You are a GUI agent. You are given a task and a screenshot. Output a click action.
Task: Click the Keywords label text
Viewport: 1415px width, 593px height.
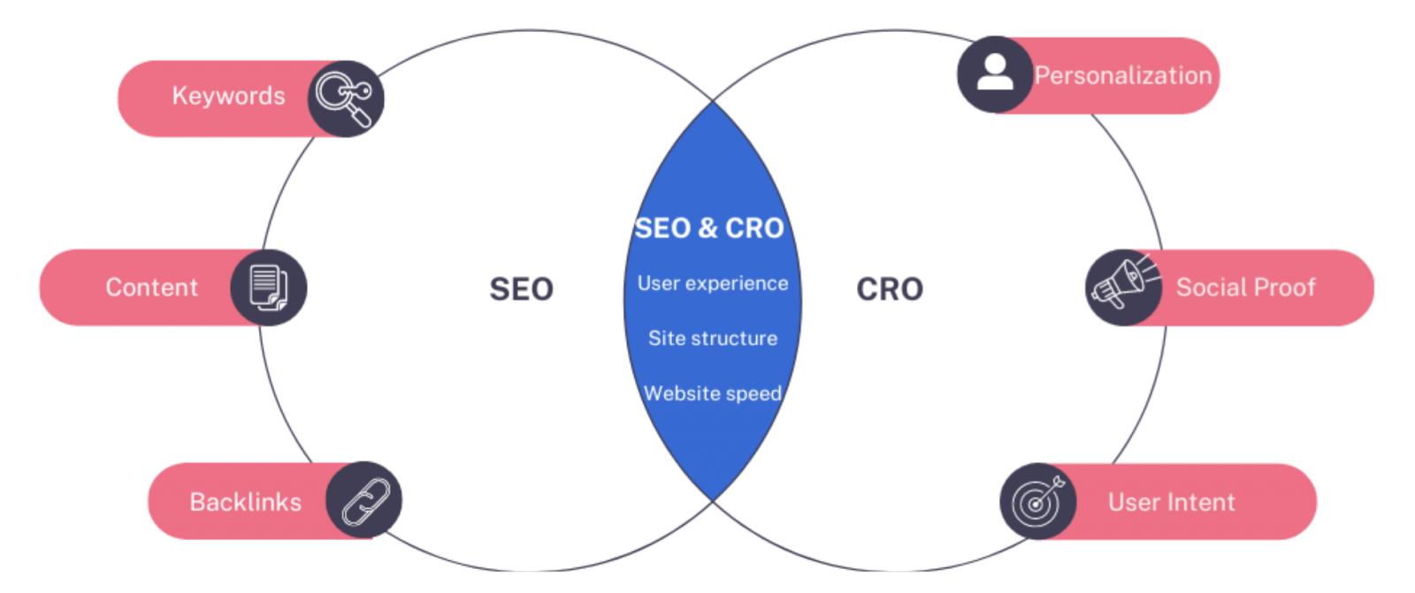(x=229, y=96)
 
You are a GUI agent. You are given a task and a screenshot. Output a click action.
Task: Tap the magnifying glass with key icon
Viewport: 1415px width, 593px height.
(x=346, y=98)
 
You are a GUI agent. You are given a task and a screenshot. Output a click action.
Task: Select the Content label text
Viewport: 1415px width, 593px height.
(x=151, y=288)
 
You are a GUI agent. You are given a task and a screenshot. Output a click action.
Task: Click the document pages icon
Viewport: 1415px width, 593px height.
(x=269, y=288)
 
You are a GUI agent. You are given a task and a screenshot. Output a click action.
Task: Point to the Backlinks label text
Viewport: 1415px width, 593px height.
(x=246, y=502)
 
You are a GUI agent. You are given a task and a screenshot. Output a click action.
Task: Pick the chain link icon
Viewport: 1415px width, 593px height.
(x=365, y=502)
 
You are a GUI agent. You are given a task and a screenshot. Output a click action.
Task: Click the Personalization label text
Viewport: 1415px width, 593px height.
(x=1123, y=76)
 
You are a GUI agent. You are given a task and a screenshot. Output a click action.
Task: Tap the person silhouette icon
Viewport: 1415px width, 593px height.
(x=995, y=73)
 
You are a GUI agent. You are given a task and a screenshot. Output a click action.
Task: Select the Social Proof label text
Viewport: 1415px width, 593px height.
(x=1246, y=288)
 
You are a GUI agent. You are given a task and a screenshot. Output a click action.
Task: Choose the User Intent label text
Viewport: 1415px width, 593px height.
(x=1171, y=503)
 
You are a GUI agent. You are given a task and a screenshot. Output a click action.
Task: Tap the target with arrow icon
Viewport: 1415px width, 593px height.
(x=1037, y=500)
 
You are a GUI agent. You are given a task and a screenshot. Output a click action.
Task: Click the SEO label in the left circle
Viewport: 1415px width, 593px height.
(x=521, y=289)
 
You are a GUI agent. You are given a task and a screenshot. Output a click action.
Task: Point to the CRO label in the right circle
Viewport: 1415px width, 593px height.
(x=890, y=289)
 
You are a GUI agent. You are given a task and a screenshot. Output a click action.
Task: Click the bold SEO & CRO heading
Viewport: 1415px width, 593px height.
(x=709, y=228)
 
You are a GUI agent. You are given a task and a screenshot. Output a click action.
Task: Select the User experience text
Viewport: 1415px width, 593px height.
(x=713, y=284)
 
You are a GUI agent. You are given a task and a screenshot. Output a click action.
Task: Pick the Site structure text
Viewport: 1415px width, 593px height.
(x=713, y=338)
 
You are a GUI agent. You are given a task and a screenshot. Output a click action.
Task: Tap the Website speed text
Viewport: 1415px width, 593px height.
(x=713, y=393)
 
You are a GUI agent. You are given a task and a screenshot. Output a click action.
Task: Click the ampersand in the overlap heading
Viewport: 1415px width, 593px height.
(x=708, y=228)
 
